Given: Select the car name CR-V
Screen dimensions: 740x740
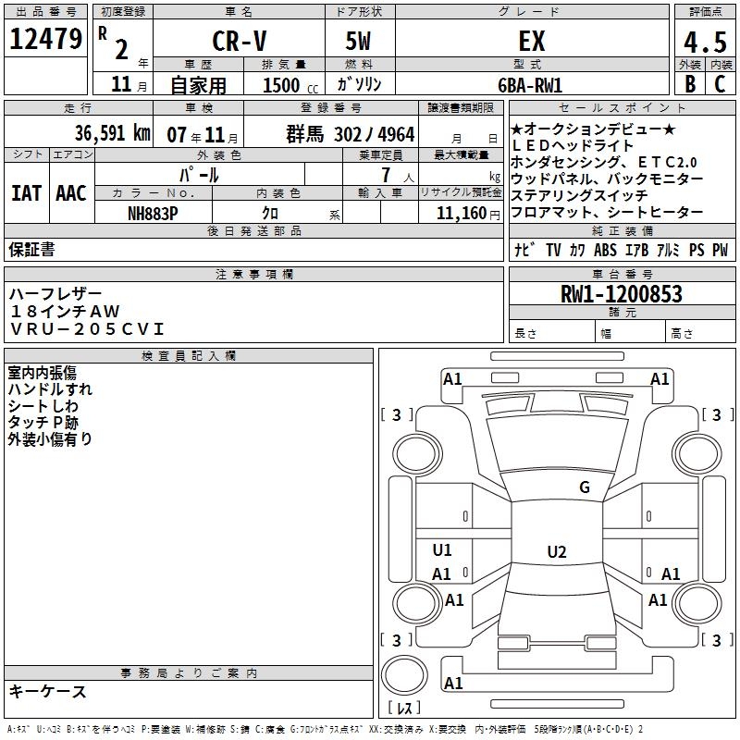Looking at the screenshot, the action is [240, 41].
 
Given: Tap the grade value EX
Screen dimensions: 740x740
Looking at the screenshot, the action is [532, 41].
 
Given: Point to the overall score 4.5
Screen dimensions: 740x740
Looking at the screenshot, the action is [703, 43].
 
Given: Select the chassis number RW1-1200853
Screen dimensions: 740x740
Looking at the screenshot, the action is [621, 294].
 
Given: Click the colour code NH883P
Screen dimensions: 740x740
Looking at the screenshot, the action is [153, 212].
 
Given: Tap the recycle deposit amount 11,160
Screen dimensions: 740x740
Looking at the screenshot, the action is [459, 212].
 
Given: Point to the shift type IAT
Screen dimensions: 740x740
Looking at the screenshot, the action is [26, 192].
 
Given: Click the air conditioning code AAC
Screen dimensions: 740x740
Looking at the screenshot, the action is [70, 192].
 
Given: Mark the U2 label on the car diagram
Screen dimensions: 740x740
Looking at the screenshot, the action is [556, 552].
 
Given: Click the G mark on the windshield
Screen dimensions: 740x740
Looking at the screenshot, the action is [584, 487].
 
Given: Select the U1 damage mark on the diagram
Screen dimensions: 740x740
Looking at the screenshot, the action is [442, 550].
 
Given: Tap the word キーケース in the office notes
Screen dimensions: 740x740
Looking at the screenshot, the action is [47, 691].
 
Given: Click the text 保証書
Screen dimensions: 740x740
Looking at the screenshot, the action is [31, 249].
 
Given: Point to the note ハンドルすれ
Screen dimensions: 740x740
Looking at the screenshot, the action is [50, 389].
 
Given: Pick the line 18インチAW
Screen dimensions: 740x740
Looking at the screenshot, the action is [64, 311].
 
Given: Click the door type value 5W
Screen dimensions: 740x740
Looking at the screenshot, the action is [360, 41].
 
